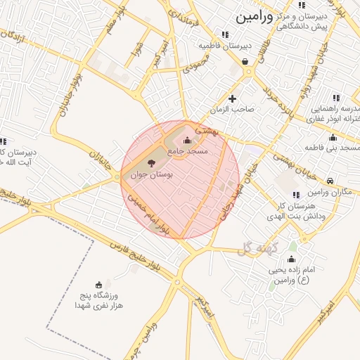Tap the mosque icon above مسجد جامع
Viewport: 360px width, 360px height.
coord(186,141)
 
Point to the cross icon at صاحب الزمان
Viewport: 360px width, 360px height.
coord(233,98)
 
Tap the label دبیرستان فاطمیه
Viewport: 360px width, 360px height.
coord(225,45)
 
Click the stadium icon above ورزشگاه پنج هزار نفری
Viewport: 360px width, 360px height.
coord(99,285)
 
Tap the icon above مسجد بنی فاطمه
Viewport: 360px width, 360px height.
coord(333,137)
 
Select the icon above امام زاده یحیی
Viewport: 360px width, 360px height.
coord(292,260)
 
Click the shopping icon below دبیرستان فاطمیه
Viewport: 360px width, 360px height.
coord(244,62)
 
